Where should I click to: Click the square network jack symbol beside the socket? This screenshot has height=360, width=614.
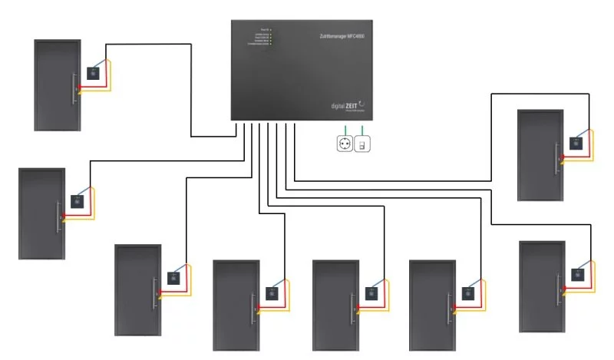(364, 144)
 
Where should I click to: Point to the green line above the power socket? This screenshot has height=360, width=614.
(345, 128)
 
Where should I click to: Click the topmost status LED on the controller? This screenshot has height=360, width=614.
(270, 30)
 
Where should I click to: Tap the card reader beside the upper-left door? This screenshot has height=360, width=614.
(95, 74)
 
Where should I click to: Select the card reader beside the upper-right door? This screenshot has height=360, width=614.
(576, 142)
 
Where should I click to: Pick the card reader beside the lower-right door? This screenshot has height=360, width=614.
(577, 274)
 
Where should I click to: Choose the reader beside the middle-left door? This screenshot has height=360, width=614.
(78, 203)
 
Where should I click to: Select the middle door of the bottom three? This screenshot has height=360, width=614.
(335, 304)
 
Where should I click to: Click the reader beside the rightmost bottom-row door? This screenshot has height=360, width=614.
(467, 292)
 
